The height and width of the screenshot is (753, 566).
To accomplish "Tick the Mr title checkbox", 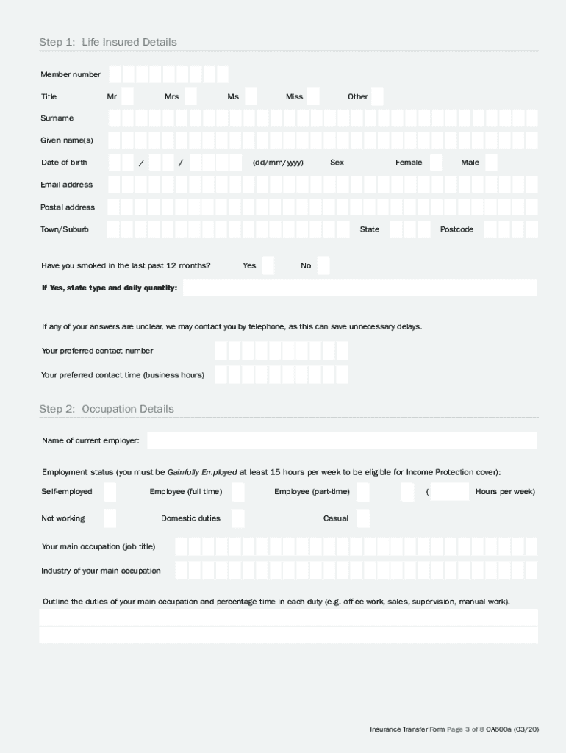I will [x=127, y=96].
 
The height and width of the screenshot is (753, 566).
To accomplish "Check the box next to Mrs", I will [x=190, y=96].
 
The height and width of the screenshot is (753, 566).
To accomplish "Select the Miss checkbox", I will [x=313, y=96].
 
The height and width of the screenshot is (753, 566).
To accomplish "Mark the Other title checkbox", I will [x=377, y=96].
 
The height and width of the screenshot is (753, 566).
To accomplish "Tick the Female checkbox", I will [x=436, y=163].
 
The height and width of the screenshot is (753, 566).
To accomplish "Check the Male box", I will [x=491, y=163].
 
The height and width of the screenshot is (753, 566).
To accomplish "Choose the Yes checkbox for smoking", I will [x=268, y=265].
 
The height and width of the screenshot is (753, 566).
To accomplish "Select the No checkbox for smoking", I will [x=323, y=265].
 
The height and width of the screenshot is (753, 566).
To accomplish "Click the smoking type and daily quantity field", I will [x=359, y=288].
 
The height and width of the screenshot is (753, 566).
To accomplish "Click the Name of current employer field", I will [x=342, y=440].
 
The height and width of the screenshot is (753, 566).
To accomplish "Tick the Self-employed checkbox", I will [x=110, y=492].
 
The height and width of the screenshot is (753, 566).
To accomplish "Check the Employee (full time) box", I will [x=237, y=492].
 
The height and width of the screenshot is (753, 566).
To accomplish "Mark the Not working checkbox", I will [x=110, y=518].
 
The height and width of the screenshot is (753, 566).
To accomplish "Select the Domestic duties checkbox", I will [x=237, y=518].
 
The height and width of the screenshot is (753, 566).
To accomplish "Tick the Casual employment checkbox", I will [x=362, y=518].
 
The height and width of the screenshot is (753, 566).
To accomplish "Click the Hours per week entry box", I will [x=450, y=492].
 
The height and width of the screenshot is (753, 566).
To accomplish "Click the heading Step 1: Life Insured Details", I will [x=108, y=43].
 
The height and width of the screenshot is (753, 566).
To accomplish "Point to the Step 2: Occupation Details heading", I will [x=107, y=409].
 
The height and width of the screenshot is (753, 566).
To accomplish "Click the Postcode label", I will [x=456, y=229].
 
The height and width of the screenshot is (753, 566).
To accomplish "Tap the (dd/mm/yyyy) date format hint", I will [x=278, y=163].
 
